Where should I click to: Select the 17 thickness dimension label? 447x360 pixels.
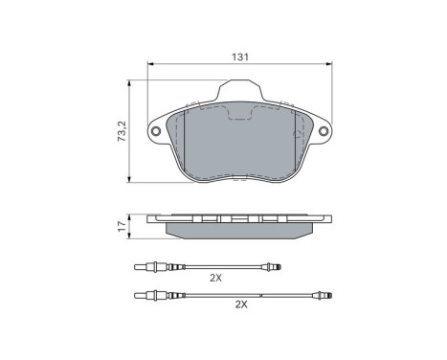click(121, 227)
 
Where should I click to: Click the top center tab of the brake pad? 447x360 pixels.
click(240, 94)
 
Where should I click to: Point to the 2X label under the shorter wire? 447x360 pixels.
click(215, 279)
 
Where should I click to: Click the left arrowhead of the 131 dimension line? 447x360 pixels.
click(150, 67)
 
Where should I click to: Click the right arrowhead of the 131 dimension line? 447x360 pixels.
click(331, 67)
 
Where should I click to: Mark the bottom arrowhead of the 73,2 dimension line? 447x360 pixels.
click(130, 182)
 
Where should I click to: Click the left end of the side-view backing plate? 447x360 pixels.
click(150, 219)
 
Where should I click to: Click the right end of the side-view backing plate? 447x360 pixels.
click(331, 219)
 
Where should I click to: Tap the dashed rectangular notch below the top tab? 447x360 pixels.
click(240, 115)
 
